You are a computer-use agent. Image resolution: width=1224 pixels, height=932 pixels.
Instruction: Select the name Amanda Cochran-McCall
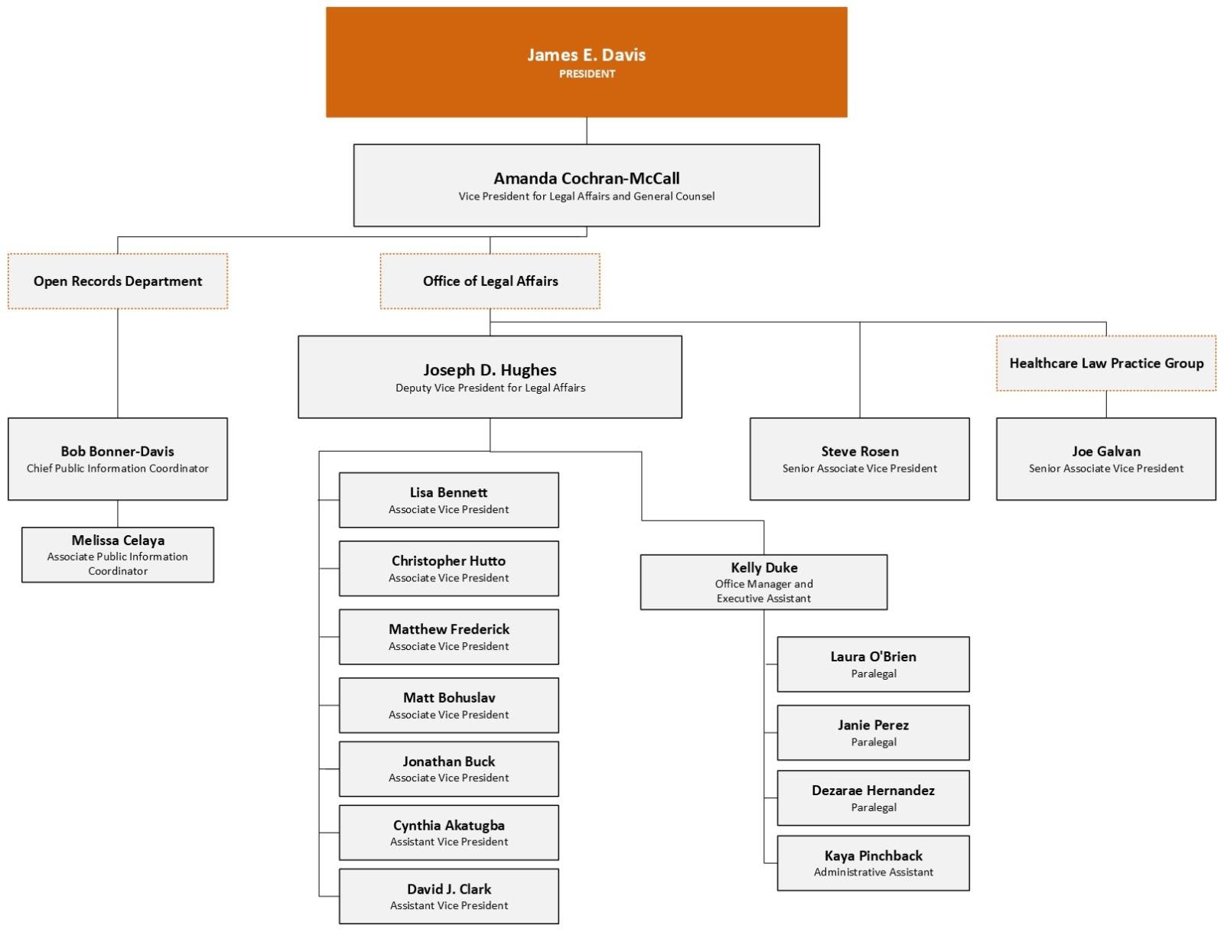pos(586,178)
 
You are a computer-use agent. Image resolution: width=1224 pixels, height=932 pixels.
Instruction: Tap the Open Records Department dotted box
pos(118,281)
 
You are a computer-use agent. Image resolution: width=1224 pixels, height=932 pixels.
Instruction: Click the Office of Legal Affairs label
pos(490,281)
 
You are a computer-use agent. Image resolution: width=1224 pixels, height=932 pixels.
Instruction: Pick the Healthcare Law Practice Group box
pos(1105,363)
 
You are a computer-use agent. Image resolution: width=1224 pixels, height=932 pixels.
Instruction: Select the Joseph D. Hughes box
pos(490,377)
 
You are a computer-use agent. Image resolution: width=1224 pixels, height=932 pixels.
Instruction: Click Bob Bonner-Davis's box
pos(118,459)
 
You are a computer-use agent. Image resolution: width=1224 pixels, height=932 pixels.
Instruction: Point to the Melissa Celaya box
pos(118,554)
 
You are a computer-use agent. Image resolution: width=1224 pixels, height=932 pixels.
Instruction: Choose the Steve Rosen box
pos(859,459)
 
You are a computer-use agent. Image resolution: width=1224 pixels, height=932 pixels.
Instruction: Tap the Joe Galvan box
pos(1105,459)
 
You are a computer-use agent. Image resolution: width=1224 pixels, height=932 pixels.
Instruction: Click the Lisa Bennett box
pos(448,500)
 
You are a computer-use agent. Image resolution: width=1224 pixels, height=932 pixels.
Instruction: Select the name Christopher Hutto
pos(448,560)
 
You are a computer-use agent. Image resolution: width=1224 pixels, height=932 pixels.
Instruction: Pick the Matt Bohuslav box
pos(448,705)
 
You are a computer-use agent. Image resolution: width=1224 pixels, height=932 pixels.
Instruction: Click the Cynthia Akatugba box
pos(448,833)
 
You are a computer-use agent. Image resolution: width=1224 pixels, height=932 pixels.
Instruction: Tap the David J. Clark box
pos(448,896)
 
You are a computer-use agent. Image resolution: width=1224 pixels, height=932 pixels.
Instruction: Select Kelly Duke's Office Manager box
pos(763,583)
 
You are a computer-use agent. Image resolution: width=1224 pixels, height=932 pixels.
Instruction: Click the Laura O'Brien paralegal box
pos(873,664)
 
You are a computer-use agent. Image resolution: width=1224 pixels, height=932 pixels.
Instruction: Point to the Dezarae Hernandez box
pos(873,797)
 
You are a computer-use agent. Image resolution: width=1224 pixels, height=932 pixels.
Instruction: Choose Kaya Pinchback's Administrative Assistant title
pos(873,872)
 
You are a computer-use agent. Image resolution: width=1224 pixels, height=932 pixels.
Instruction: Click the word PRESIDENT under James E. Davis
pos(587,74)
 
